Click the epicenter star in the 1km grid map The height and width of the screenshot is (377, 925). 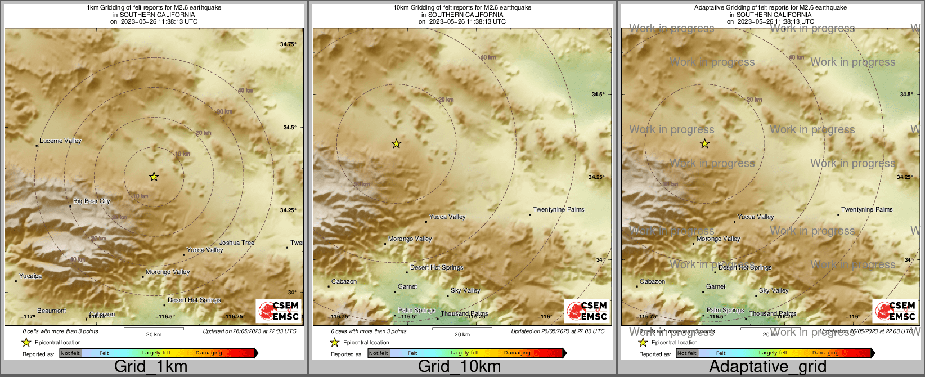point(154,177)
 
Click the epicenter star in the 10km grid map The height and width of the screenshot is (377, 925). point(396,143)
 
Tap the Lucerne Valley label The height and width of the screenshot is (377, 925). point(60,141)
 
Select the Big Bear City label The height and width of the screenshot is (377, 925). point(92,201)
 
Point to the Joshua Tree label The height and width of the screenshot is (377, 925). point(237,243)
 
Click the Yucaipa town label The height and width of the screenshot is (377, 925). point(30,276)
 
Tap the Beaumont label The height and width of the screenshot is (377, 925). point(51,311)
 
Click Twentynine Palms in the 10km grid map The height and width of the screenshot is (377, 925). point(558,209)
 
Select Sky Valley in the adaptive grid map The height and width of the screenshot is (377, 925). point(774,290)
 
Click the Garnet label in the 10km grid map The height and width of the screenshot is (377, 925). point(407,286)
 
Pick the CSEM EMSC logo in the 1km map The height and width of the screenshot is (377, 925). point(279,311)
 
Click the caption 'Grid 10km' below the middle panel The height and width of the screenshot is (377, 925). point(459,366)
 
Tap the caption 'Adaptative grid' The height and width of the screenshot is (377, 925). point(767,366)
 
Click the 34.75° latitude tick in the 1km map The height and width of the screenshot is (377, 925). point(288,44)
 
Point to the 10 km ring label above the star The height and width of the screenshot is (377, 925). point(182,154)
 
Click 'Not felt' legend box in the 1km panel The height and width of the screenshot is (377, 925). point(70,353)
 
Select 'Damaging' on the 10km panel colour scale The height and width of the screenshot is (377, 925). point(517,353)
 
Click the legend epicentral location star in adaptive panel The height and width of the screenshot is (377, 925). point(643,342)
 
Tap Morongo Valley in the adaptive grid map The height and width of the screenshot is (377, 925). point(718,239)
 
